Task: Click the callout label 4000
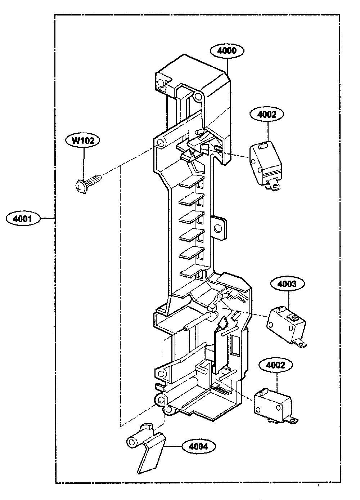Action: pos(227,51)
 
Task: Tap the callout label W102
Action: pos(83,140)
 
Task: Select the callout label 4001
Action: pos(23,219)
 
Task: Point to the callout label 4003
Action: pos(287,284)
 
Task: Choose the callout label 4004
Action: pos(198,446)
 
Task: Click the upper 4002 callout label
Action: pos(267,115)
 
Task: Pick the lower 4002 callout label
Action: pos(275,365)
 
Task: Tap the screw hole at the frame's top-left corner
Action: pos(160,83)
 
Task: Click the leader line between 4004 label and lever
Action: pos(173,446)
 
